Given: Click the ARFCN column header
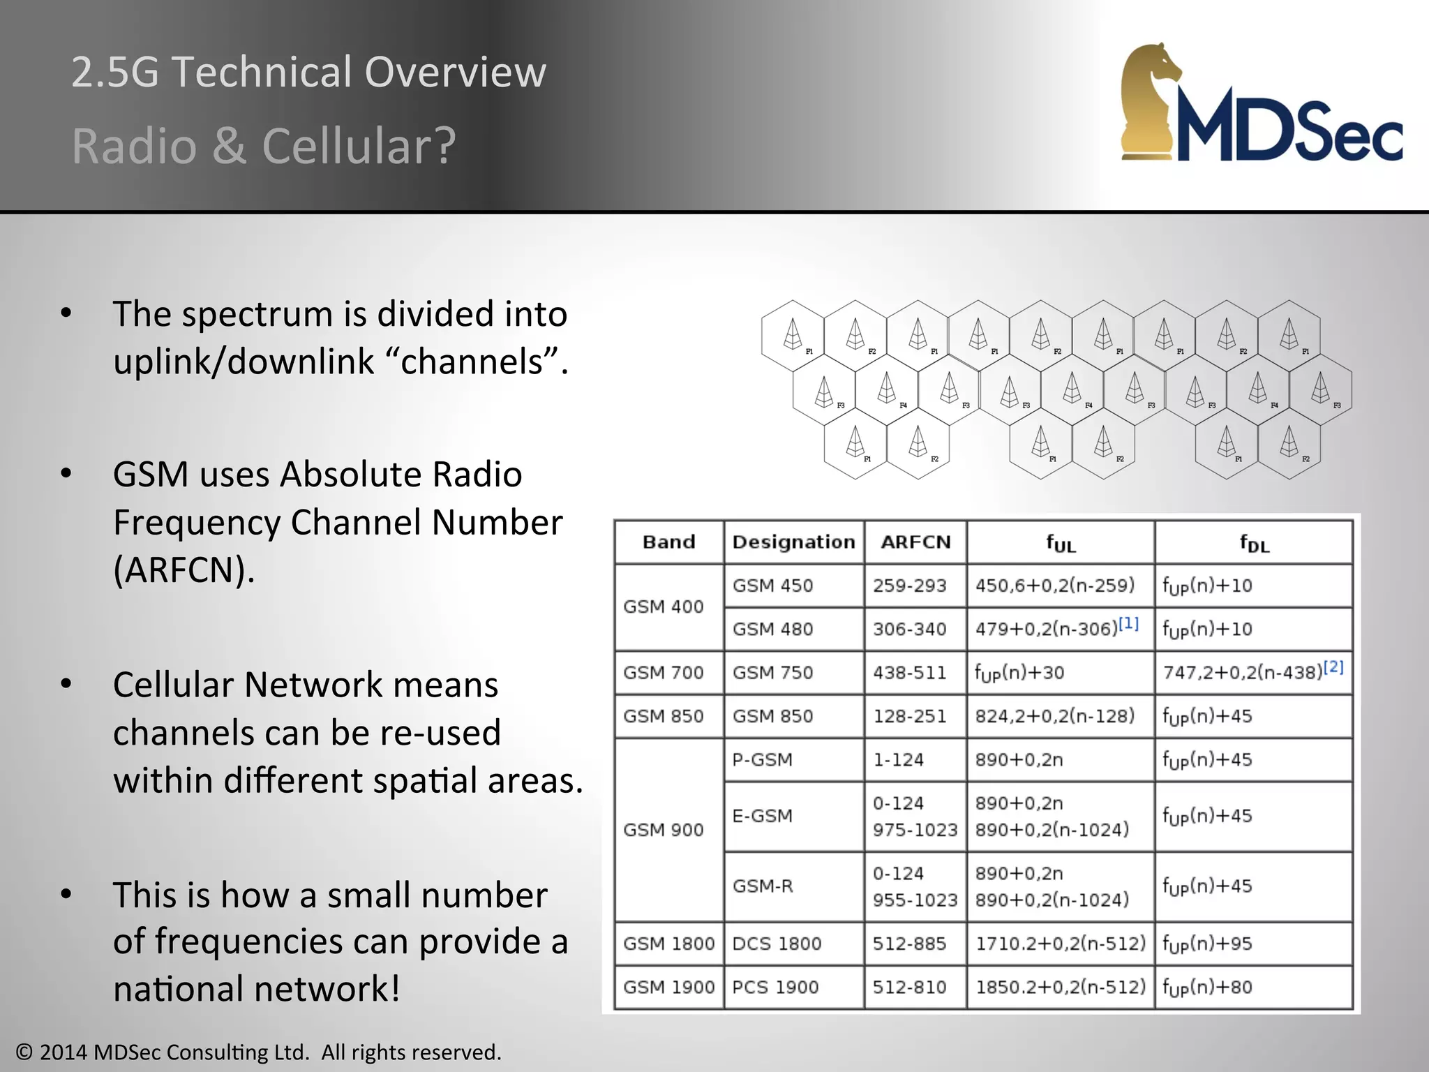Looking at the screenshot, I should [915, 542].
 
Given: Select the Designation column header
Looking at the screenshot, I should [793, 542].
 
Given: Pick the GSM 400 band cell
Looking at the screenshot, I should [663, 606].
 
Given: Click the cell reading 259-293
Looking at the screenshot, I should [909, 586].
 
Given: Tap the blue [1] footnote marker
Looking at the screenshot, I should [1128, 623].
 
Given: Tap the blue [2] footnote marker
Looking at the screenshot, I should [1333, 667].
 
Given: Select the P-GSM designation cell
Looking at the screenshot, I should [762, 759].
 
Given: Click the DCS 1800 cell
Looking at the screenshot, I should [776, 944].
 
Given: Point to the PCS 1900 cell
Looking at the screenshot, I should [775, 987].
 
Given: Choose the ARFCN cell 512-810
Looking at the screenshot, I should [909, 987].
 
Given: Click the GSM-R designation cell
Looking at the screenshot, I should [763, 886].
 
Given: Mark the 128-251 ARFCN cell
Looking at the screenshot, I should [909, 716].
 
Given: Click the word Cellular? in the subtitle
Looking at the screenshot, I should [359, 146].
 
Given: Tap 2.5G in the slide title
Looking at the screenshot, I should [115, 72].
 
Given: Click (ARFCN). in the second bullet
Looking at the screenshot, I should [184, 569].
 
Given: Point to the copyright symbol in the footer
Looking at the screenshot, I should [25, 1052].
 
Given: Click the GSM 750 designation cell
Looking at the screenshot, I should [772, 673].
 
